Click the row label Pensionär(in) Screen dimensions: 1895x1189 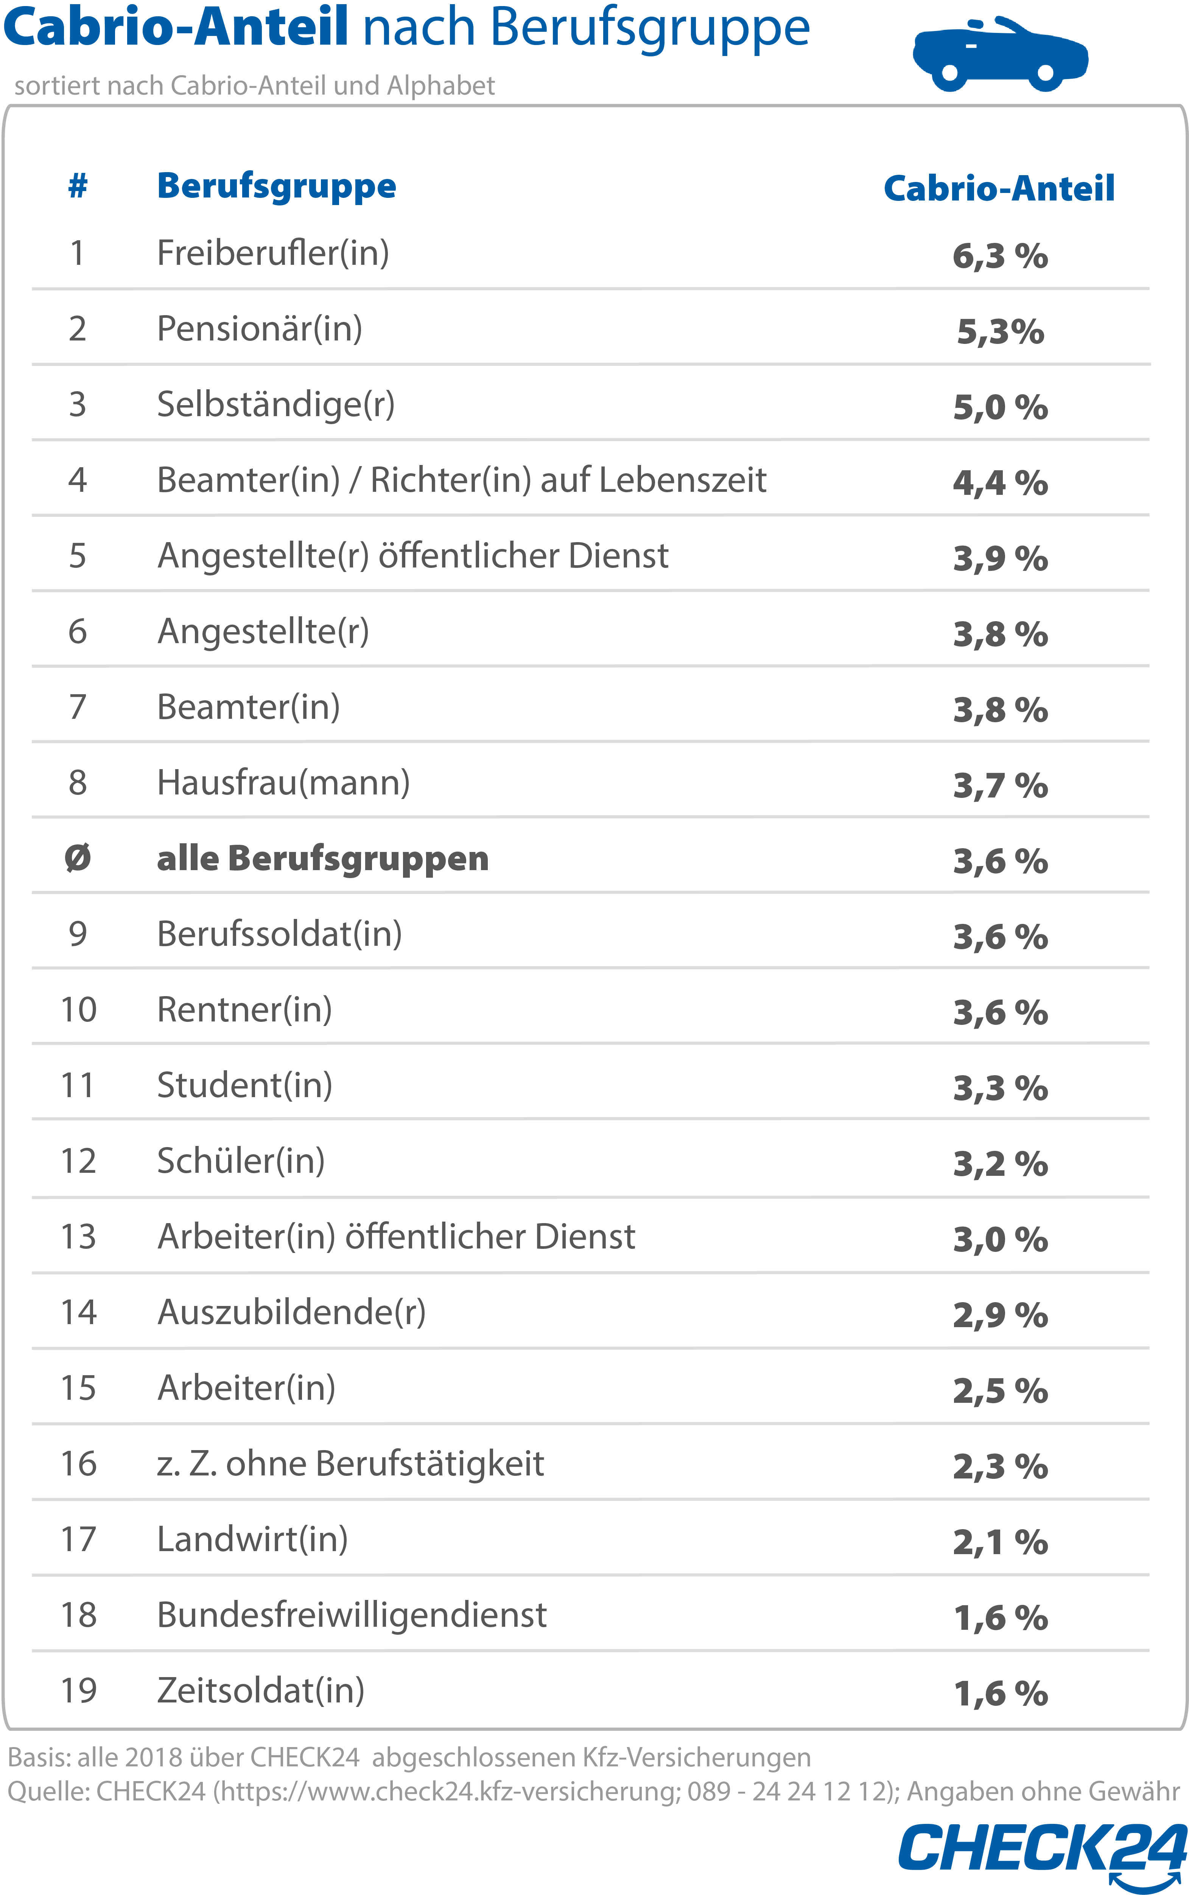[260, 328]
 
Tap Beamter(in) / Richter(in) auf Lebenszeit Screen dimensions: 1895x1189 [462, 480]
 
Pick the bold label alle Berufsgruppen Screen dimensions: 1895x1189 [322, 858]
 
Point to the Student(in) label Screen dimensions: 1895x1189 [244, 1085]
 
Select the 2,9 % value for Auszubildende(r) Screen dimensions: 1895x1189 [999, 1315]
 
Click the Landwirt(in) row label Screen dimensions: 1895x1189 [252, 1539]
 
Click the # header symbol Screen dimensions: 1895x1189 [77, 186]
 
